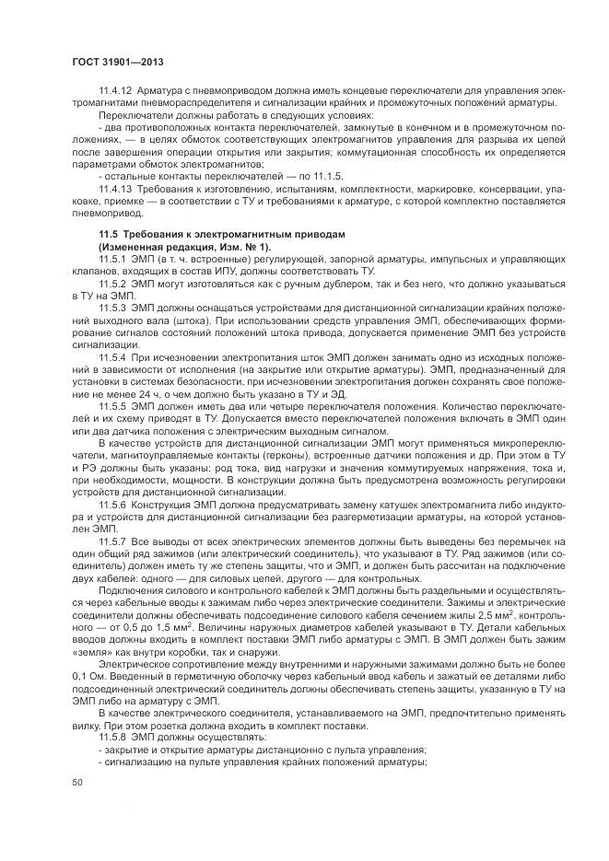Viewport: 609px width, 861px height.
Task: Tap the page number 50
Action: click(77, 782)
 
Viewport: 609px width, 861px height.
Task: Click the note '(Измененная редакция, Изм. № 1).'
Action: click(172, 249)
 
